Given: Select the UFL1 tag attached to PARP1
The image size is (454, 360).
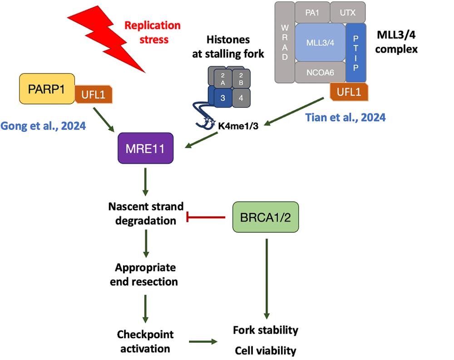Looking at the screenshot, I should tap(94, 94).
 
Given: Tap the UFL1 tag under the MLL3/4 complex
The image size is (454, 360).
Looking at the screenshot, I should tap(349, 92).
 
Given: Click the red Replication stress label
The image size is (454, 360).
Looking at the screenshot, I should tap(153, 32).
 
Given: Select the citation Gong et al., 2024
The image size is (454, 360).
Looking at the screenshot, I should tap(43, 125).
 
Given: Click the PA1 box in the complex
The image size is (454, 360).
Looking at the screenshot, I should tap(312, 13).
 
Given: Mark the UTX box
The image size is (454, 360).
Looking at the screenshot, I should tap(348, 13).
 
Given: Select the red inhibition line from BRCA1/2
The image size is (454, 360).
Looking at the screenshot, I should tap(207, 218).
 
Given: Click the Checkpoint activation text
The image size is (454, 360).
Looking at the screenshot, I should tap(145, 341).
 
